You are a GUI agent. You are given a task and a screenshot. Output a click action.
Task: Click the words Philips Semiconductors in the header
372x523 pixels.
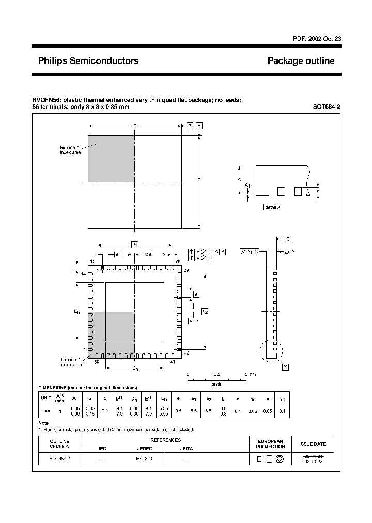click(88, 61)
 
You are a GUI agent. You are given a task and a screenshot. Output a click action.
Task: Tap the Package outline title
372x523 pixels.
click(301, 61)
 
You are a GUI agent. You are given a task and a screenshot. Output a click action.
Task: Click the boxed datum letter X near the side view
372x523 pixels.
click(285, 367)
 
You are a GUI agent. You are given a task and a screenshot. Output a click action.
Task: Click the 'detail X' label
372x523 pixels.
click(272, 207)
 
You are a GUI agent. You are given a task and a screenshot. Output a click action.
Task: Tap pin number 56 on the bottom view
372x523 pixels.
click(96, 362)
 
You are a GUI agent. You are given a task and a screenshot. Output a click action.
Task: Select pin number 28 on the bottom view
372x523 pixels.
click(178, 262)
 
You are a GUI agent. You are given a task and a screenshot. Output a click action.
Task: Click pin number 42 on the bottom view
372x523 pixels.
click(187, 352)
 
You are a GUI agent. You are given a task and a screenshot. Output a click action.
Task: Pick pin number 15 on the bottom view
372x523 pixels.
click(93, 262)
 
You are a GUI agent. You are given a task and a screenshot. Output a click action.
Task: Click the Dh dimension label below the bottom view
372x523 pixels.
click(135, 368)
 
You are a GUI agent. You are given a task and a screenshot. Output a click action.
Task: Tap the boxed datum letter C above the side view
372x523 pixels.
click(288, 239)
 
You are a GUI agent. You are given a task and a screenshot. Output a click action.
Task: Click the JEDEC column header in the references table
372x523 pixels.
click(144, 449)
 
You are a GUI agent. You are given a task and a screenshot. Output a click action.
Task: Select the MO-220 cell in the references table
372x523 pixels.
click(144, 458)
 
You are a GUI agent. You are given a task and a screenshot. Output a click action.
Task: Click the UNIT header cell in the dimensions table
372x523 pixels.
click(45, 398)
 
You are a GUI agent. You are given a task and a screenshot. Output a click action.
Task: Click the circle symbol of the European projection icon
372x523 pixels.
click(280, 458)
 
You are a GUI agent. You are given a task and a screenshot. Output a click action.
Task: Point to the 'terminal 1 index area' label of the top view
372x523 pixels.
click(70, 150)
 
